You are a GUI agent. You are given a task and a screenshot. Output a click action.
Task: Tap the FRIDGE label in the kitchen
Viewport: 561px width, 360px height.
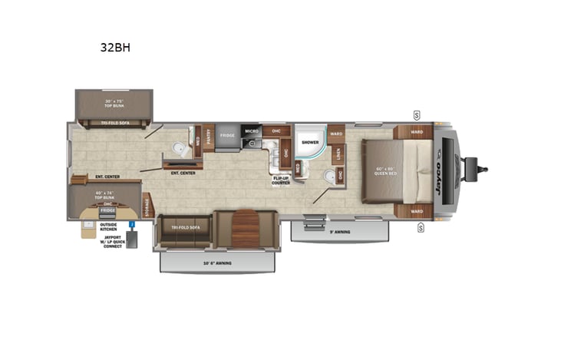pos(227,136)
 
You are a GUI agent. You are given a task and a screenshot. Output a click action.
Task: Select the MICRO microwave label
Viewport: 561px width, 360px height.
pos(252,132)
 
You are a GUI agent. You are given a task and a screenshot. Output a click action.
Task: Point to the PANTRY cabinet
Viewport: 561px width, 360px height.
pos(207,140)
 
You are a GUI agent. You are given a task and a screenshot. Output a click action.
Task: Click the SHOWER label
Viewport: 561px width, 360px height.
pos(310,142)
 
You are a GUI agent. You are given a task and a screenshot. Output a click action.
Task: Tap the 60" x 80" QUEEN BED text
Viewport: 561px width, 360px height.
pos(388,170)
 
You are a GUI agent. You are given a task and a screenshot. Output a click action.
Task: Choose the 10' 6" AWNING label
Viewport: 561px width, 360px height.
pos(217,263)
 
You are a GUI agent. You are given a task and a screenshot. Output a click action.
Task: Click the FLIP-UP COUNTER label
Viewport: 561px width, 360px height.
pos(281,180)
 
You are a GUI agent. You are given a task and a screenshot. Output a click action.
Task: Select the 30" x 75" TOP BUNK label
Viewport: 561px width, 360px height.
pos(114,104)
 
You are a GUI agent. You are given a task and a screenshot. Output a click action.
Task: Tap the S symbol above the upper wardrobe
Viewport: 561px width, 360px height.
pos(417,115)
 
